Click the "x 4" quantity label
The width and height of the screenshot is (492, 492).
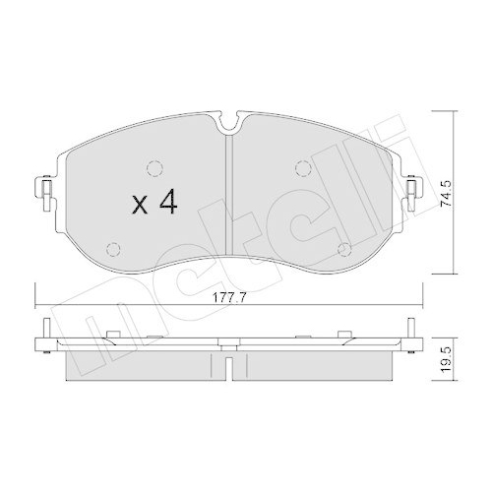(x=154, y=204)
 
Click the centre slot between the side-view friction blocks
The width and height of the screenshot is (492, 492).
(x=227, y=365)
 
